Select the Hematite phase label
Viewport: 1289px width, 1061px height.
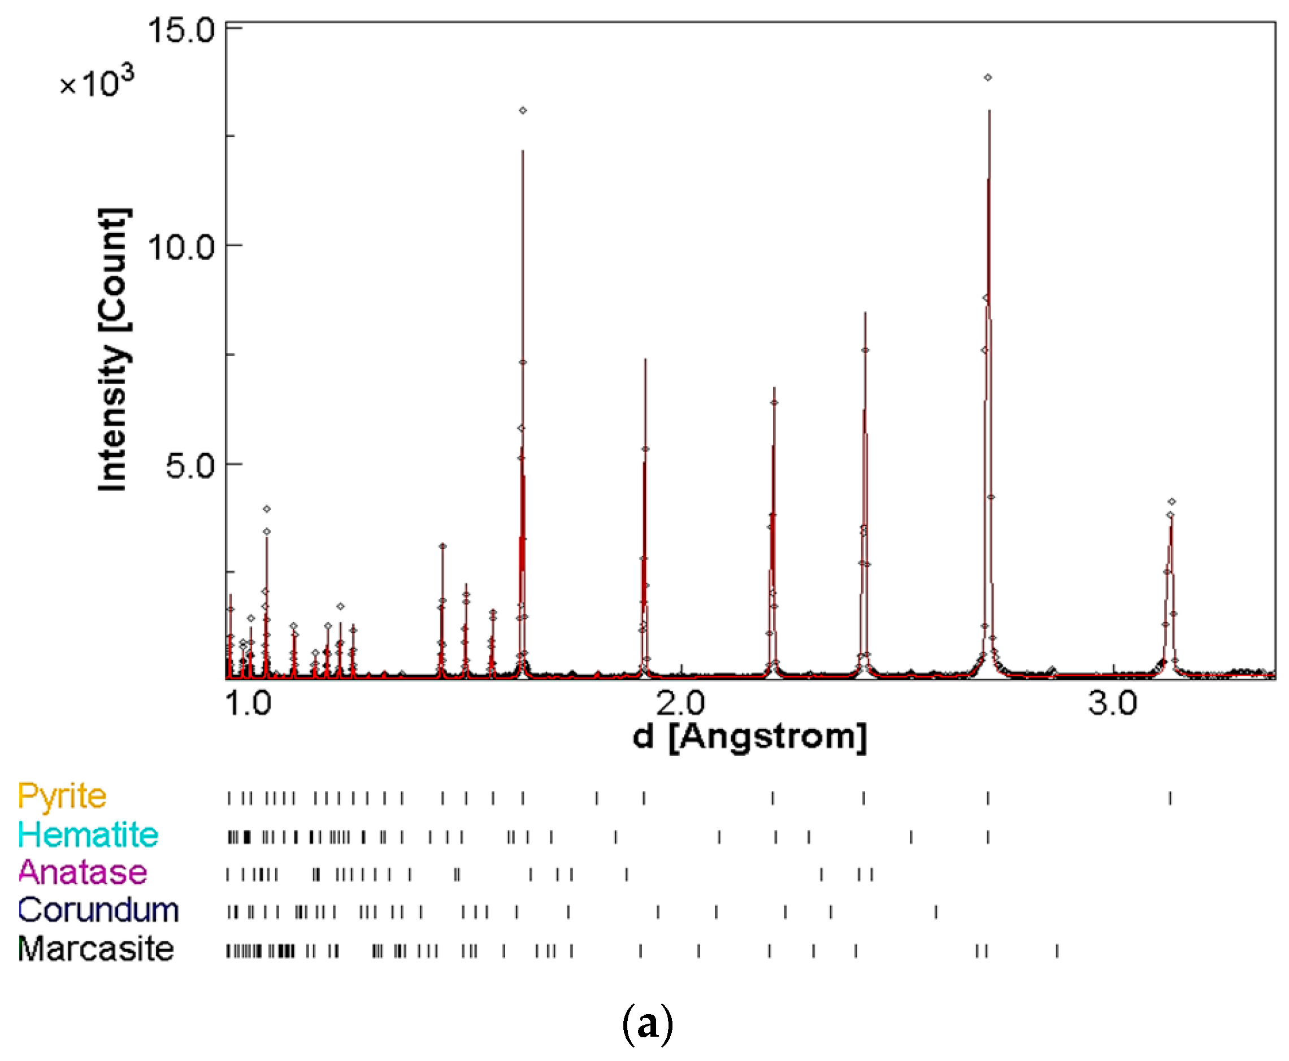point(88,836)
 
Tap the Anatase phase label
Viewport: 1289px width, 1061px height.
point(83,873)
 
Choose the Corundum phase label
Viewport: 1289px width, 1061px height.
point(98,911)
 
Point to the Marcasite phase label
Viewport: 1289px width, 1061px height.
point(96,949)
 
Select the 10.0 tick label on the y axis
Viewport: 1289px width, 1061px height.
point(181,247)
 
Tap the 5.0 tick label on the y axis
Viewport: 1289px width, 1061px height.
point(190,466)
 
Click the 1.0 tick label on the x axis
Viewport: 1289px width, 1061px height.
point(248,703)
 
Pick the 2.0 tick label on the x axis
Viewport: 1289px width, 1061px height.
point(680,703)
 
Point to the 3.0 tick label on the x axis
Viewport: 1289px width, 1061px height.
point(1112,703)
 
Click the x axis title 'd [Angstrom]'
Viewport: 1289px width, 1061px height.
point(749,737)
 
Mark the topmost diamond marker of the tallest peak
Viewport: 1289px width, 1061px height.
point(988,77)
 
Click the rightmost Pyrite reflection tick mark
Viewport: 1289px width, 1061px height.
point(1170,798)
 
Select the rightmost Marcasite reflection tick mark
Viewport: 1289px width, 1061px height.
point(1057,951)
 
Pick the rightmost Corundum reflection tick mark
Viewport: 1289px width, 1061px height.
point(936,912)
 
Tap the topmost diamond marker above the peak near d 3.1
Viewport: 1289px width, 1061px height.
point(1171,502)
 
